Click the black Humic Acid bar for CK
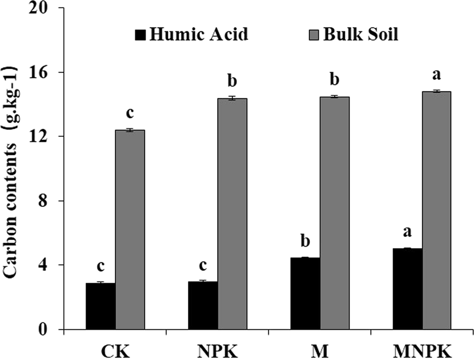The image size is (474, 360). [x=100, y=306]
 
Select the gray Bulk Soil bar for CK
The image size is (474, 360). [x=130, y=230]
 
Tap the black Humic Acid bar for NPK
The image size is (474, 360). [x=203, y=305]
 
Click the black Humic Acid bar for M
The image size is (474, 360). [x=305, y=293]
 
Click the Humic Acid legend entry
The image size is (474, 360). [x=192, y=35]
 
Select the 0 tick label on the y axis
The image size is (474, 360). [x=47, y=329]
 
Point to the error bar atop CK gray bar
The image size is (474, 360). [x=130, y=130]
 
